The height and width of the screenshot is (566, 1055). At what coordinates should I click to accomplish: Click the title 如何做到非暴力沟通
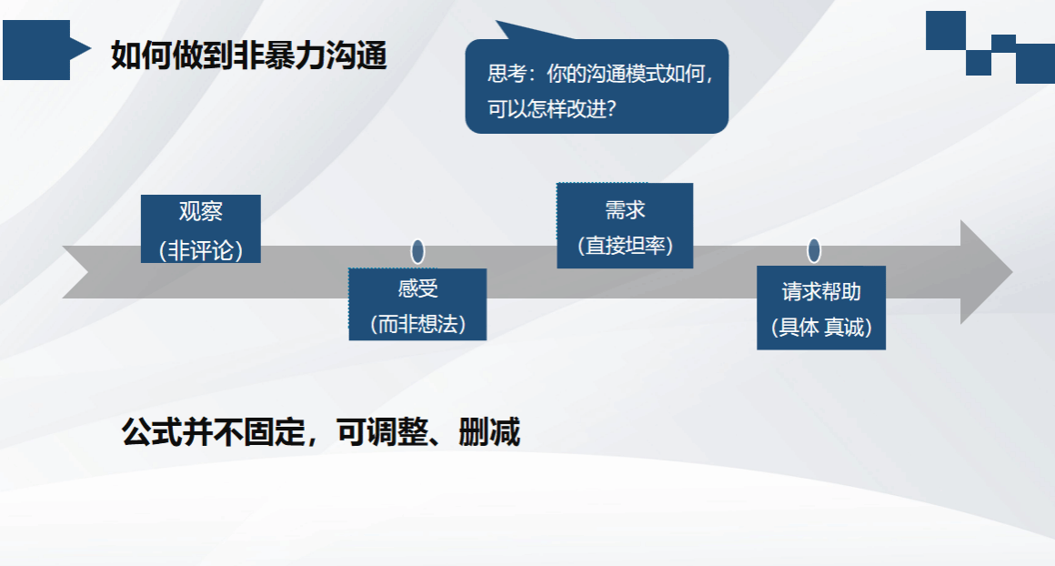click(x=249, y=56)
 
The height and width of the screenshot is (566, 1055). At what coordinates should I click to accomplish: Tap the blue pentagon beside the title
click(x=44, y=50)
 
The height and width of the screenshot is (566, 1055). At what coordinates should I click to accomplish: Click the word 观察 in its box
click(x=200, y=211)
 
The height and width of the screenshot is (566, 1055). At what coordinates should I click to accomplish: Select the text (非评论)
click(x=200, y=250)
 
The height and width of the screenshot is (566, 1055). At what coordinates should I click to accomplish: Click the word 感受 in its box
click(x=417, y=288)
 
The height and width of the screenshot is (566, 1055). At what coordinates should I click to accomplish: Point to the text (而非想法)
click(x=417, y=324)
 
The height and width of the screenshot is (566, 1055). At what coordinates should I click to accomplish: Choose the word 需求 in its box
click(x=625, y=210)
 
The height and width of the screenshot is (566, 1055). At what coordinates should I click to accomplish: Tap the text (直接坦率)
click(x=625, y=245)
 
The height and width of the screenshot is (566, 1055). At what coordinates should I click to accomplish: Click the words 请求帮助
click(x=821, y=291)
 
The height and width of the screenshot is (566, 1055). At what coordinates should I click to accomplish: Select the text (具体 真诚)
click(x=821, y=327)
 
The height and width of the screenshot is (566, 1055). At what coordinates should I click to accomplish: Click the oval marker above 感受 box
click(x=417, y=252)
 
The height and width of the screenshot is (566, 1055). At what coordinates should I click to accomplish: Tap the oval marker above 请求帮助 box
click(x=814, y=250)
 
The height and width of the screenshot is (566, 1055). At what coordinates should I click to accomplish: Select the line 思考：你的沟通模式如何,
click(x=599, y=74)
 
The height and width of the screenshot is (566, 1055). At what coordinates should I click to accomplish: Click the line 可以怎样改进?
click(x=552, y=108)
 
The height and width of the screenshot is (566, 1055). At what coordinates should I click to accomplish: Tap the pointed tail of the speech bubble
click(x=498, y=22)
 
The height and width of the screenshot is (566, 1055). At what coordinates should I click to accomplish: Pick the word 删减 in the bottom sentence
click(x=489, y=431)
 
